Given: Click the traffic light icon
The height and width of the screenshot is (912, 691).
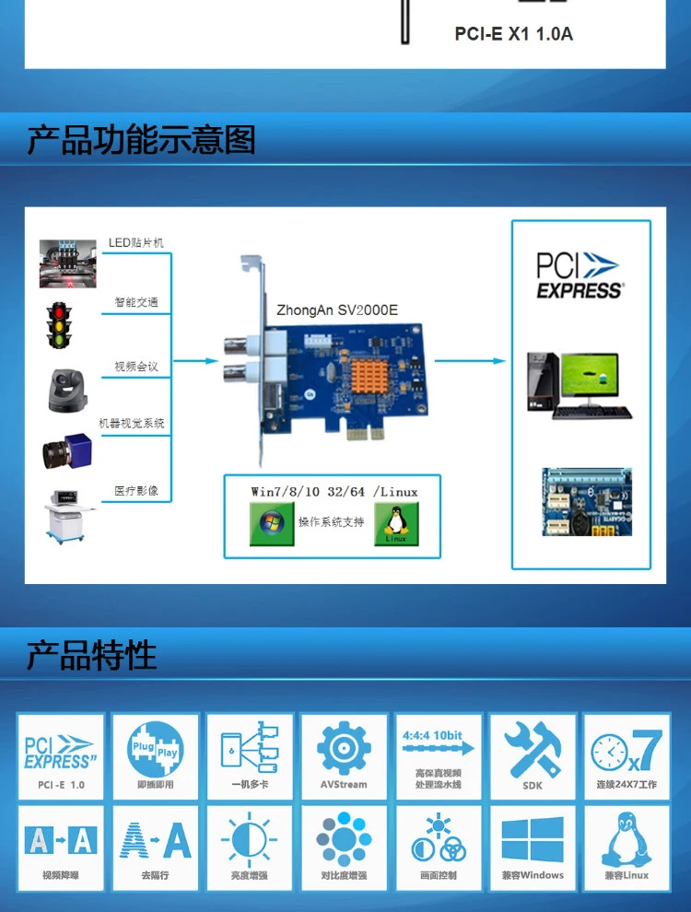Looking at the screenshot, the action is [x=60, y=324].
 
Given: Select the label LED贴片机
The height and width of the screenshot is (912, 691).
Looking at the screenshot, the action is [x=136, y=242].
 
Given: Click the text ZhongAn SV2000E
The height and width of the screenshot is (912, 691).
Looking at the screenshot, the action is [x=337, y=310].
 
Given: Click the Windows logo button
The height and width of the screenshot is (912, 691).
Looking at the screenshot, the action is [x=272, y=523].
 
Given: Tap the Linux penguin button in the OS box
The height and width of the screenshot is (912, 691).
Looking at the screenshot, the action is [x=396, y=524].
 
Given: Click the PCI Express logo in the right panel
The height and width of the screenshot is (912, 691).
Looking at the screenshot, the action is [x=580, y=275].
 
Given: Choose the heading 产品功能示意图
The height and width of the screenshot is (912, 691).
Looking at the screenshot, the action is [x=141, y=140].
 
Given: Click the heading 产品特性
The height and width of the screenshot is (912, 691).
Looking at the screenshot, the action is [x=91, y=656].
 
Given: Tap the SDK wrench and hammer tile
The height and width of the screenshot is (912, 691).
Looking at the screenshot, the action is [x=533, y=755].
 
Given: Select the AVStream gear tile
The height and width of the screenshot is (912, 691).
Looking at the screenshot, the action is [x=344, y=755].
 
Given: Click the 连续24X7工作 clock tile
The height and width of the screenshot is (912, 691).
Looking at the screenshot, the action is [x=626, y=755].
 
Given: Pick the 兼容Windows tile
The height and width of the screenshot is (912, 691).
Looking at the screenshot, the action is [x=533, y=846].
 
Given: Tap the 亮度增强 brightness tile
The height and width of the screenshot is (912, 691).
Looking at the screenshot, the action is [x=250, y=846].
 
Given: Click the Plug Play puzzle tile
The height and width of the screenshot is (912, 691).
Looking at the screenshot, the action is [x=155, y=755].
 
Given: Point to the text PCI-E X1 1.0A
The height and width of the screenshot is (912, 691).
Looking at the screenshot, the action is [x=513, y=34].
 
